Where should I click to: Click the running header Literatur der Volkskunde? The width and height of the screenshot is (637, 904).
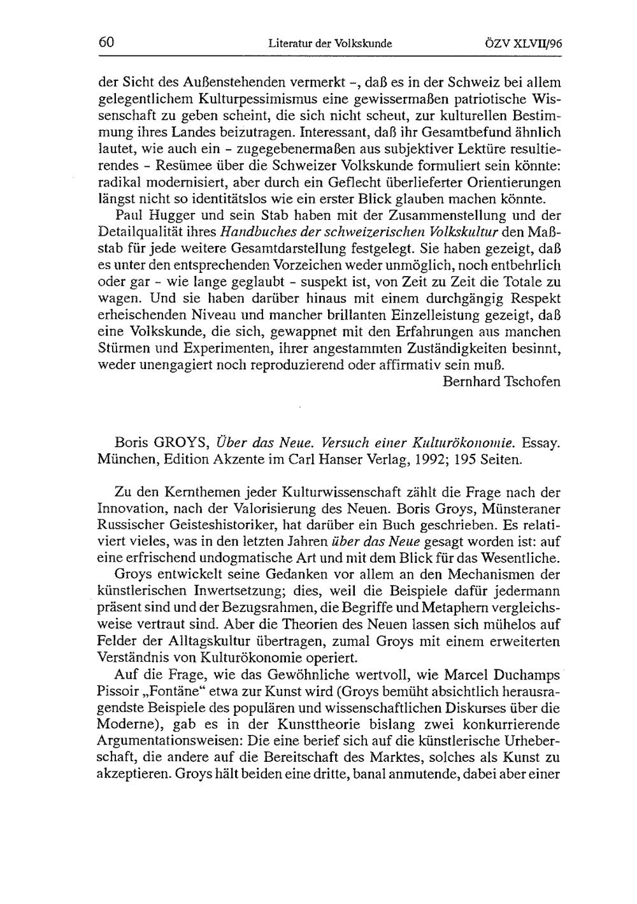click(x=329, y=44)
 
